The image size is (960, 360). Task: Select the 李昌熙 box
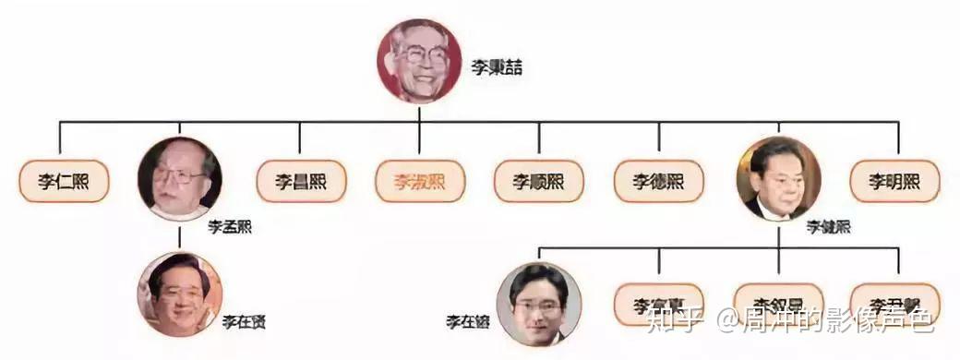click(301, 182)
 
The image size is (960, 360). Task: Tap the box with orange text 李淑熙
click(420, 182)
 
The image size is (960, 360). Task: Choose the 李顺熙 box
click(539, 182)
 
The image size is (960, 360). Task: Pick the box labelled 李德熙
click(658, 182)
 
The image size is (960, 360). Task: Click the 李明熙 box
click(894, 182)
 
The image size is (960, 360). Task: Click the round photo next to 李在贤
click(180, 294)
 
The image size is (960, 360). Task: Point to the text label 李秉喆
click(497, 67)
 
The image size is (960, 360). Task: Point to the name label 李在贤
click(245, 321)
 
